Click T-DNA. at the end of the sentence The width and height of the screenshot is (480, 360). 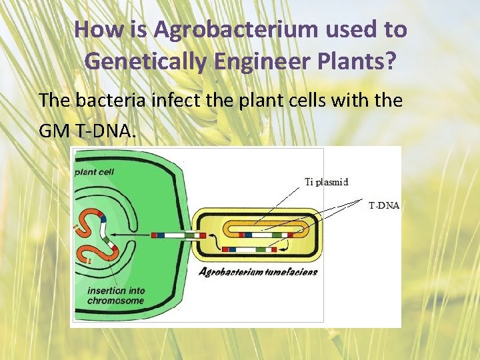[x=107, y=131]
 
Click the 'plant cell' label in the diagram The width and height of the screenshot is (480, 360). [x=95, y=171]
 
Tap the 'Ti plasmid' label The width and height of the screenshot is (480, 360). [x=327, y=181]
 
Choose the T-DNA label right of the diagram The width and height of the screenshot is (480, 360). [x=384, y=206]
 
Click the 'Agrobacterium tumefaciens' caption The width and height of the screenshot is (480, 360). [x=259, y=271]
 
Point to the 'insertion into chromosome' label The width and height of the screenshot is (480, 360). [x=115, y=296]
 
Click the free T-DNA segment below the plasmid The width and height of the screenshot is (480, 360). [x=249, y=249]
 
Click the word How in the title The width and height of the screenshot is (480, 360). [x=95, y=30]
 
